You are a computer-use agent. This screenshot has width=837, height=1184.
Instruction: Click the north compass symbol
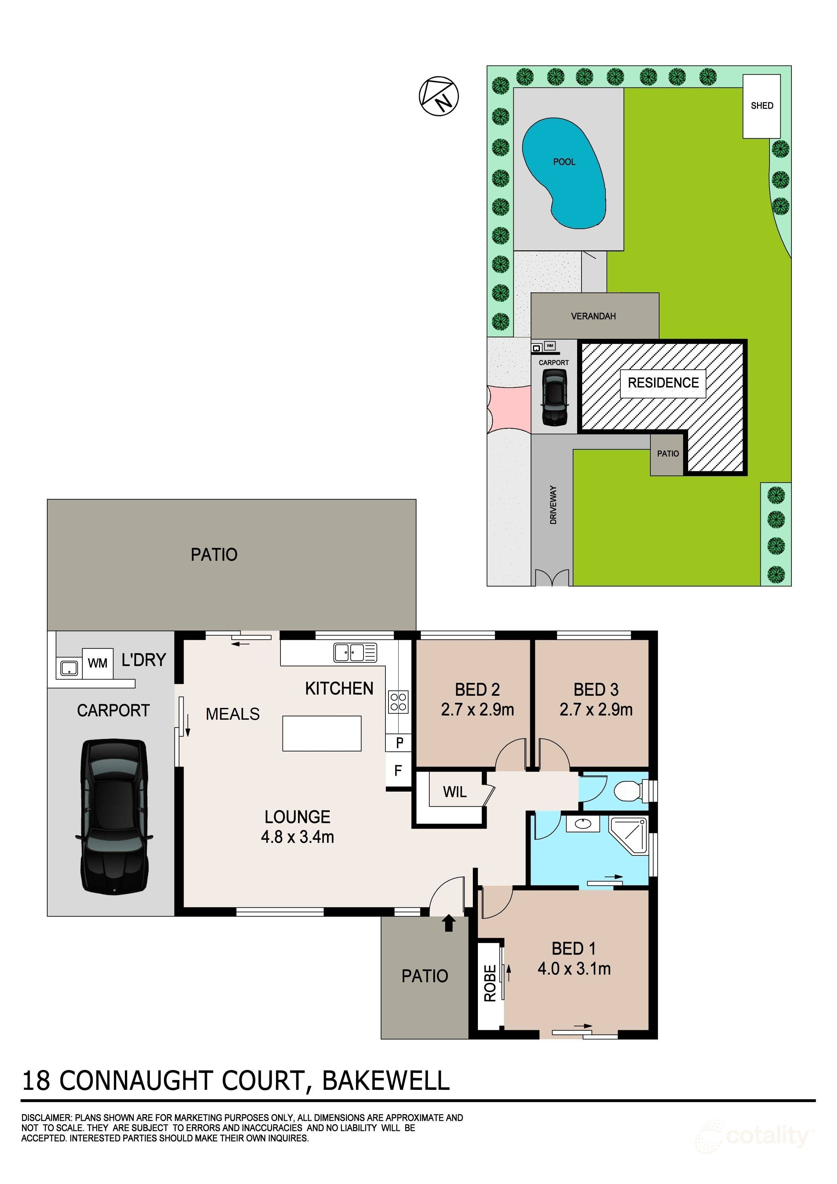point(438,96)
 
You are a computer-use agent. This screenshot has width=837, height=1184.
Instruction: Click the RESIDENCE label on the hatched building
point(663,383)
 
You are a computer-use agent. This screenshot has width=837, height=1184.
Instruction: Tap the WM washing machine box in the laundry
point(98,663)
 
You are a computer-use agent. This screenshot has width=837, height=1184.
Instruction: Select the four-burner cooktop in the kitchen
point(399,702)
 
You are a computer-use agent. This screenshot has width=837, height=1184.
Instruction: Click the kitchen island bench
point(321,733)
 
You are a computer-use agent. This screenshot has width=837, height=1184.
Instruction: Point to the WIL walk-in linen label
point(454,792)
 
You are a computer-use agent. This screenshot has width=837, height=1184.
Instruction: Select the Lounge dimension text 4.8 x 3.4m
point(298,836)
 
